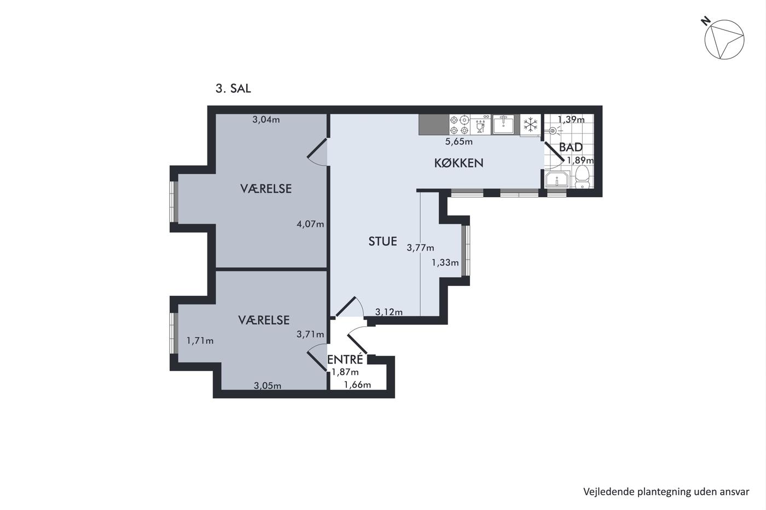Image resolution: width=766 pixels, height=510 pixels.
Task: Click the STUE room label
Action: (x=382, y=242)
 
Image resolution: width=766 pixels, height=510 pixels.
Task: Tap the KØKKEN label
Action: (x=459, y=163)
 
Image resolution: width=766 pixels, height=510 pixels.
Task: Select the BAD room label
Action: (x=571, y=147)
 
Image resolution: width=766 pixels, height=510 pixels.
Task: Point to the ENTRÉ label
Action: (x=345, y=359)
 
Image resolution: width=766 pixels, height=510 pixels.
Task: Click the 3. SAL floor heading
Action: (x=233, y=89)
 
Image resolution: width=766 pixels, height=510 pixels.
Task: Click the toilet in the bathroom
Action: (x=582, y=177)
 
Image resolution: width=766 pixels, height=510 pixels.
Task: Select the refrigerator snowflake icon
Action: (x=530, y=125)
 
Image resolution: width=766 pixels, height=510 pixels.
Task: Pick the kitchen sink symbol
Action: (x=503, y=124)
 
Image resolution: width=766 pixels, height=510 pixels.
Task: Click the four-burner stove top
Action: (x=459, y=125)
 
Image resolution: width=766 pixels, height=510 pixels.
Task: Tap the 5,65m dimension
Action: (x=459, y=142)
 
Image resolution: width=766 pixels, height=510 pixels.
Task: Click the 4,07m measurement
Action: (x=310, y=224)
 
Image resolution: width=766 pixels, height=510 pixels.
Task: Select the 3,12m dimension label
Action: (x=389, y=312)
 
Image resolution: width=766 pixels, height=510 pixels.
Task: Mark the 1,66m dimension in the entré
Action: (x=357, y=385)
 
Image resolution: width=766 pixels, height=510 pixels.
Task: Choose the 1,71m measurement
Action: (x=200, y=341)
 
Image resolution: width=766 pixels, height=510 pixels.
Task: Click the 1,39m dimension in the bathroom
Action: (x=571, y=120)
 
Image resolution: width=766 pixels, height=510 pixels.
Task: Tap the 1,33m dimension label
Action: (x=445, y=262)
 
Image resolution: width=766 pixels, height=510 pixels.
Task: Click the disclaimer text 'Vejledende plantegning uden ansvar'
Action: (x=666, y=492)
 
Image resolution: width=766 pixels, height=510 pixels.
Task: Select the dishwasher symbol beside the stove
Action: (x=480, y=125)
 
